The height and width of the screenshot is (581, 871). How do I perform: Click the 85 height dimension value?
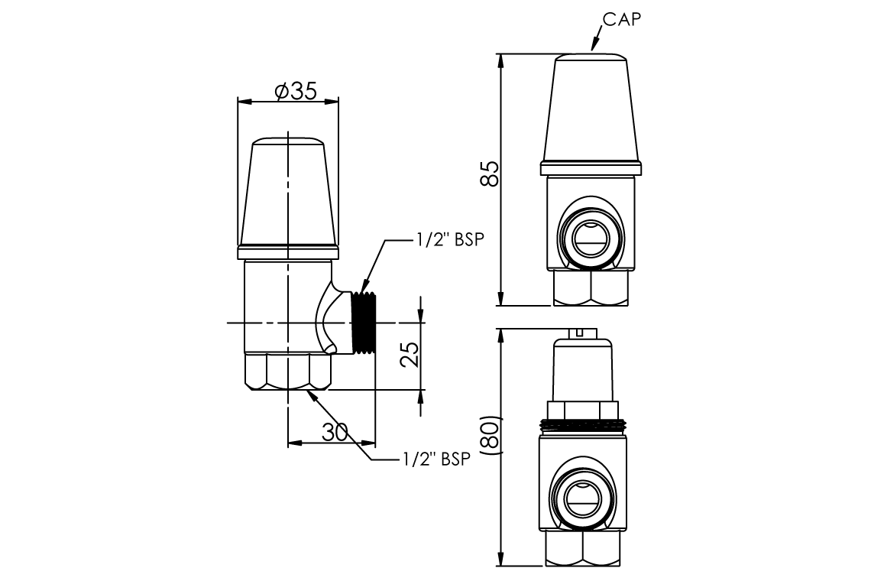(x=490, y=174)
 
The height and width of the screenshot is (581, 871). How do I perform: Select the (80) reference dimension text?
(x=490, y=437)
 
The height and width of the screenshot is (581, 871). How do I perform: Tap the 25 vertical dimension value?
(x=409, y=354)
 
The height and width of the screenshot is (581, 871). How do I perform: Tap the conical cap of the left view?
(x=288, y=195)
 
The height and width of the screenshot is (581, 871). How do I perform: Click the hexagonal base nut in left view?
(x=288, y=372)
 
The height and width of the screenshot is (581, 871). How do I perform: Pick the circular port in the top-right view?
(x=590, y=238)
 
